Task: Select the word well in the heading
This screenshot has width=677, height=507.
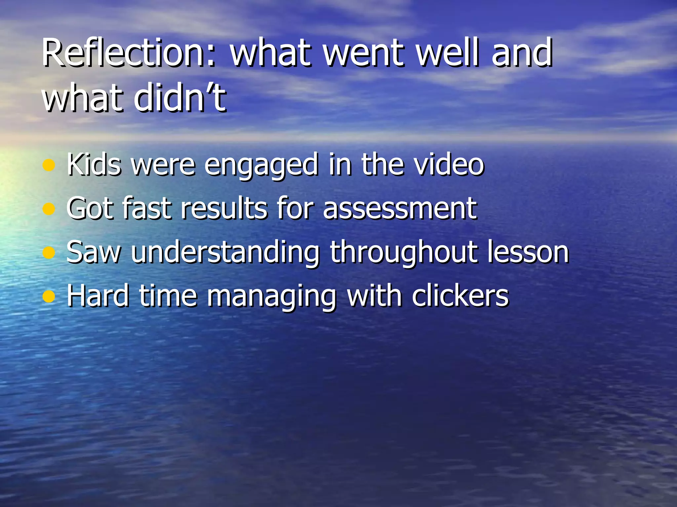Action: click(448, 53)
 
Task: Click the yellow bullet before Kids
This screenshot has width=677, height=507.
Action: click(49, 165)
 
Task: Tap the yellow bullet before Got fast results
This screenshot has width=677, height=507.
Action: click(49, 209)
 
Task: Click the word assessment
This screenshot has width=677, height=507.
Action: click(400, 209)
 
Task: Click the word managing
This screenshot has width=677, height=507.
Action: click(271, 297)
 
